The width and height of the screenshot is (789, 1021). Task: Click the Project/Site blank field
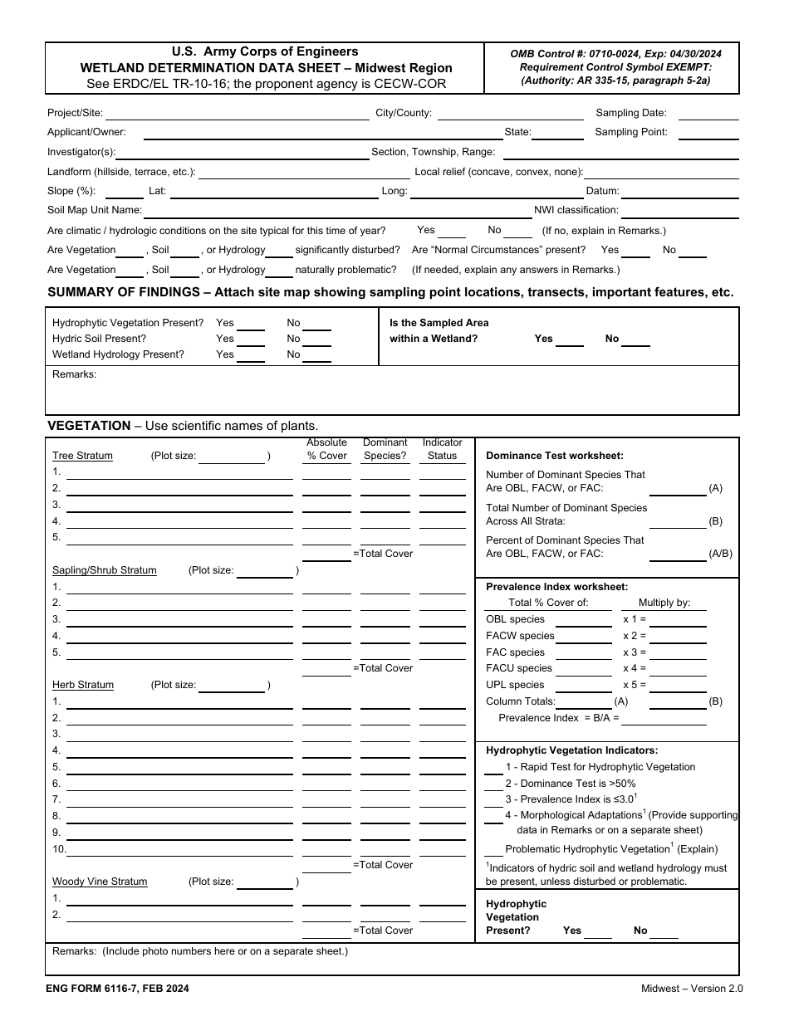[x=237, y=115]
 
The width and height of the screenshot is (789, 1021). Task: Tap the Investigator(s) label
[x=81, y=152]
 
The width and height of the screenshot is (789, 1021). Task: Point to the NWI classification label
[x=576, y=211]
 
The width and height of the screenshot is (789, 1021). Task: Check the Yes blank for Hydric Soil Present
[x=251, y=340]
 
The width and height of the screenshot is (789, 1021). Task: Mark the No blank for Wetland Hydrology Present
[x=316, y=356]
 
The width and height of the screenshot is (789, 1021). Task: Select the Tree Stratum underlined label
[x=82, y=456]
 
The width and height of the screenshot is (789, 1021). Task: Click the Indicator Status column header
[x=442, y=449]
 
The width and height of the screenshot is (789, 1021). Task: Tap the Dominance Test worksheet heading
[x=554, y=456]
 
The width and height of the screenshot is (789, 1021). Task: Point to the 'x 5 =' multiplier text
[x=635, y=685]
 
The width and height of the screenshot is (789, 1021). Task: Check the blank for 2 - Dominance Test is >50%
[x=493, y=784]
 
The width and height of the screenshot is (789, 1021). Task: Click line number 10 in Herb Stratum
[x=59, y=849]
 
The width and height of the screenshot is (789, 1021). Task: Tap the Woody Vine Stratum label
[x=100, y=882]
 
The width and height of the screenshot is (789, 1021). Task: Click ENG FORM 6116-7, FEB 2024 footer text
[x=117, y=989]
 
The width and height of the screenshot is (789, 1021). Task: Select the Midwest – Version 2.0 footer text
[x=692, y=989]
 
